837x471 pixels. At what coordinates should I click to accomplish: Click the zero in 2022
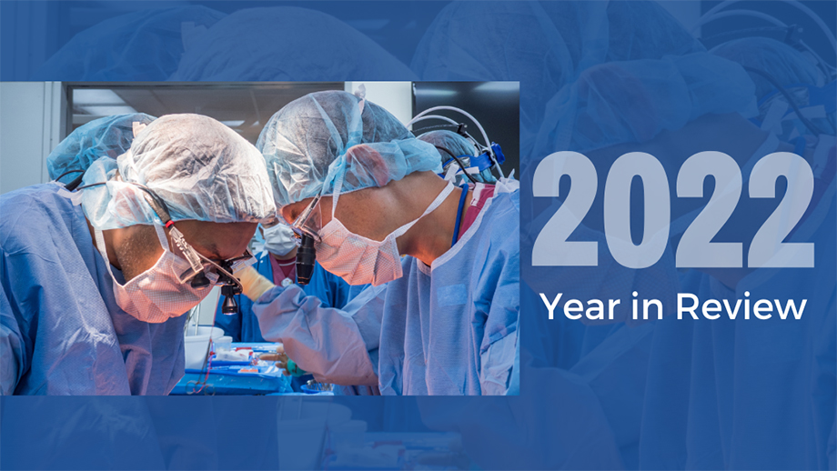636,209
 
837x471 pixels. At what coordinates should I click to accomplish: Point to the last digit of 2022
781,209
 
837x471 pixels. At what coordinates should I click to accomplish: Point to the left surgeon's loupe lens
230,300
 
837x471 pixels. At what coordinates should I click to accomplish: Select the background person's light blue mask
278,238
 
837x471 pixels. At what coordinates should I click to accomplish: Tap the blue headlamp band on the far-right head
479,158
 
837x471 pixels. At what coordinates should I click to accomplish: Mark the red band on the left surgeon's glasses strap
169,224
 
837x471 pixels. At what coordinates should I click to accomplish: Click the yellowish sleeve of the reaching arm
254,281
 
